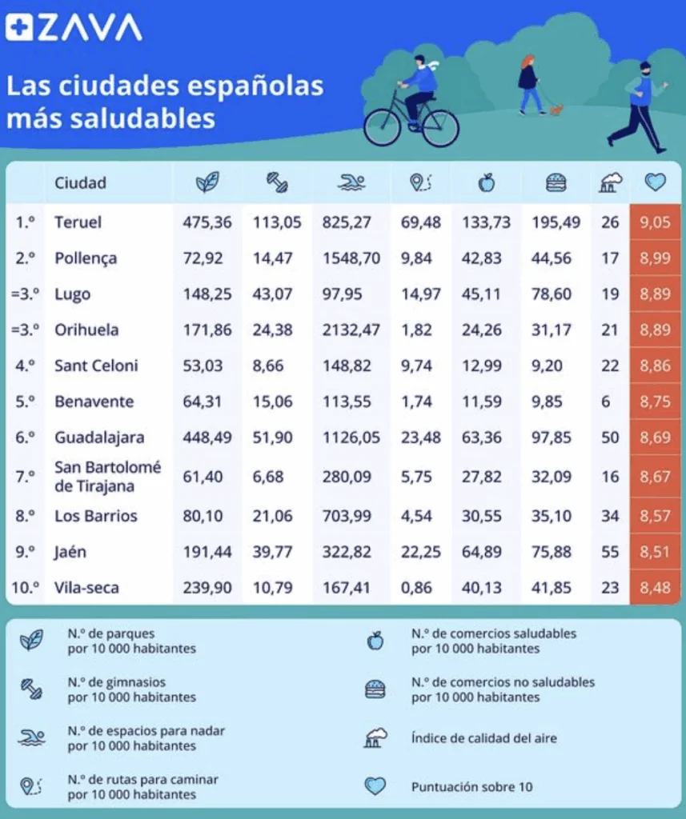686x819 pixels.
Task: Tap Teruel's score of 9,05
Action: point(655,222)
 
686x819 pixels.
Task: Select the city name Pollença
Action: point(86,258)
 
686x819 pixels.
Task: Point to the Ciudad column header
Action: point(80,183)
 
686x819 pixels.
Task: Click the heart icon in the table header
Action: point(655,183)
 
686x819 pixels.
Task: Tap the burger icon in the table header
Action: point(555,183)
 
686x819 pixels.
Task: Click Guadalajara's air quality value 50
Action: point(610,437)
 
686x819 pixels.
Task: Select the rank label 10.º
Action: point(26,588)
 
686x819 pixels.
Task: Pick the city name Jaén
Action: point(71,552)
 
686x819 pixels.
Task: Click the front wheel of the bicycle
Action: point(440,128)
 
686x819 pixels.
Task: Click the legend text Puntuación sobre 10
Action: point(471,787)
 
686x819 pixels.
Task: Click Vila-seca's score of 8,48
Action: point(655,588)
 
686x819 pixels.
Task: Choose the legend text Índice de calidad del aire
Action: point(484,737)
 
